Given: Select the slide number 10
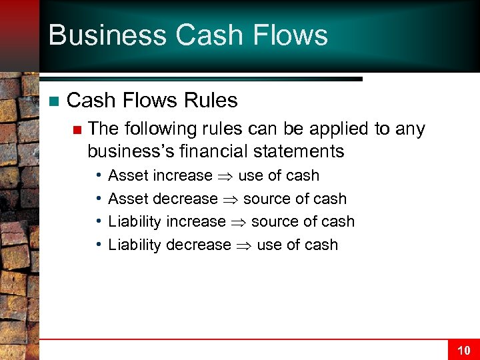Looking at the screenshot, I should (x=463, y=350).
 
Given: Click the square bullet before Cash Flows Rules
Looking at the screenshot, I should (x=53, y=101).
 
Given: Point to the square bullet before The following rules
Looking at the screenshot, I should (x=77, y=129).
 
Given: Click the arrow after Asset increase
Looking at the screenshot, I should (x=225, y=176).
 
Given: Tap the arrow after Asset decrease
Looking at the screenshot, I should (x=231, y=199).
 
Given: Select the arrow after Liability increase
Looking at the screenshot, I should (x=239, y=222).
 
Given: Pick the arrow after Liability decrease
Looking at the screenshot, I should (x=244, y=245).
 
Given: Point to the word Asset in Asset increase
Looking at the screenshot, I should (x=128, y=176).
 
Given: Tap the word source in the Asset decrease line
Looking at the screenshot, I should (x=265, y=199).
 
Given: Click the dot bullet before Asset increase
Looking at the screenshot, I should (x=97, y=175).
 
